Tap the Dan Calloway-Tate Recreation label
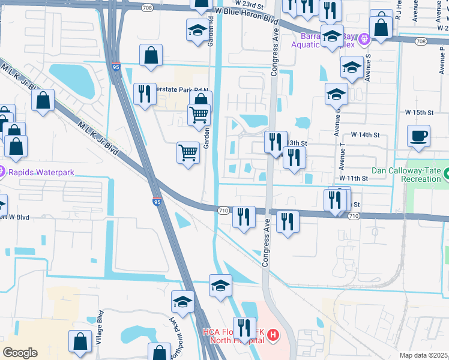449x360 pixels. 410,175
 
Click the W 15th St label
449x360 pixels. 419,112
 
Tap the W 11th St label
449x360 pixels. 352,178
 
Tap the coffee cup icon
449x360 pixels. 419,136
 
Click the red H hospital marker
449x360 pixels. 273,334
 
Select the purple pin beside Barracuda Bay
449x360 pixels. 363,41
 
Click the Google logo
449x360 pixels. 20,352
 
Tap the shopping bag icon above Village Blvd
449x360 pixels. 80,341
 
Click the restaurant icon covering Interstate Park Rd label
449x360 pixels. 145,94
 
